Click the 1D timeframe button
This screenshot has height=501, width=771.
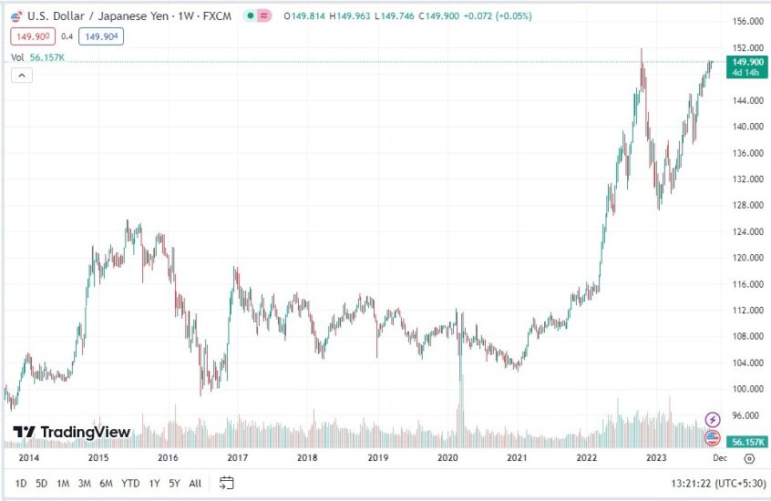point(21,483)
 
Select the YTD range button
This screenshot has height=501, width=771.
point(130,483)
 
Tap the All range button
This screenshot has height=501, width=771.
point(195,483)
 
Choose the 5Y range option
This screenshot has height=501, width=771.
point(174,483)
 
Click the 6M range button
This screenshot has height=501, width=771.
point(106,483)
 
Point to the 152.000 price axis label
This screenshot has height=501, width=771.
point(746,48)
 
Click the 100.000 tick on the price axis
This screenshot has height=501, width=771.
point(746,389)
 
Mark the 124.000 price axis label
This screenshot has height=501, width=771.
point(746,231)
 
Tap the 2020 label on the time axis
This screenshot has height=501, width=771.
point(447,458)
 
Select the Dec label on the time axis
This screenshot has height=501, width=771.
point(720,458)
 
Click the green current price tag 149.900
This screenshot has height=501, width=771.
point(746,62)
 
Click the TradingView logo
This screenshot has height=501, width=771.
point(72,432)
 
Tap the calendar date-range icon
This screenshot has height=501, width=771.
point(227,483)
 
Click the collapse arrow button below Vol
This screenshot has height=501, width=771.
point(22,76)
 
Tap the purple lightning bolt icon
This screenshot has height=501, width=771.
point(713,420)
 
